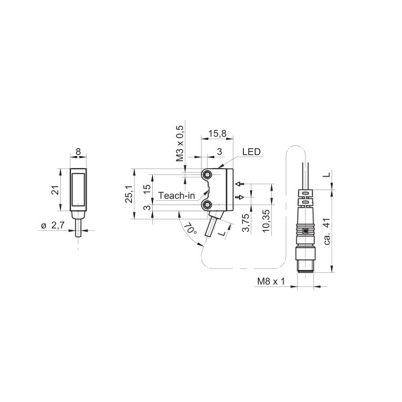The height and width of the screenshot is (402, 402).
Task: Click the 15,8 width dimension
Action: point(217,134)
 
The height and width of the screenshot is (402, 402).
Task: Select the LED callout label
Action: point(251,152)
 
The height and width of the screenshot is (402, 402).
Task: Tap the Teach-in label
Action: point(176,195)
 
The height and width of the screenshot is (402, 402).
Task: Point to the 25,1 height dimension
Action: point(129,194)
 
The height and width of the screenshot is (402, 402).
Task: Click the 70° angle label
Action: point(190,229)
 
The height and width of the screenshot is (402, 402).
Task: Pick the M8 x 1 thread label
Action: point(271,281)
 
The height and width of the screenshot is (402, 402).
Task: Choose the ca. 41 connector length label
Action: point(327,232)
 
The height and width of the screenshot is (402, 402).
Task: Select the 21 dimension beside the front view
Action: point(55,190)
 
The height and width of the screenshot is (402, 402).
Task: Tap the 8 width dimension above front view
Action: point(78,152)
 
